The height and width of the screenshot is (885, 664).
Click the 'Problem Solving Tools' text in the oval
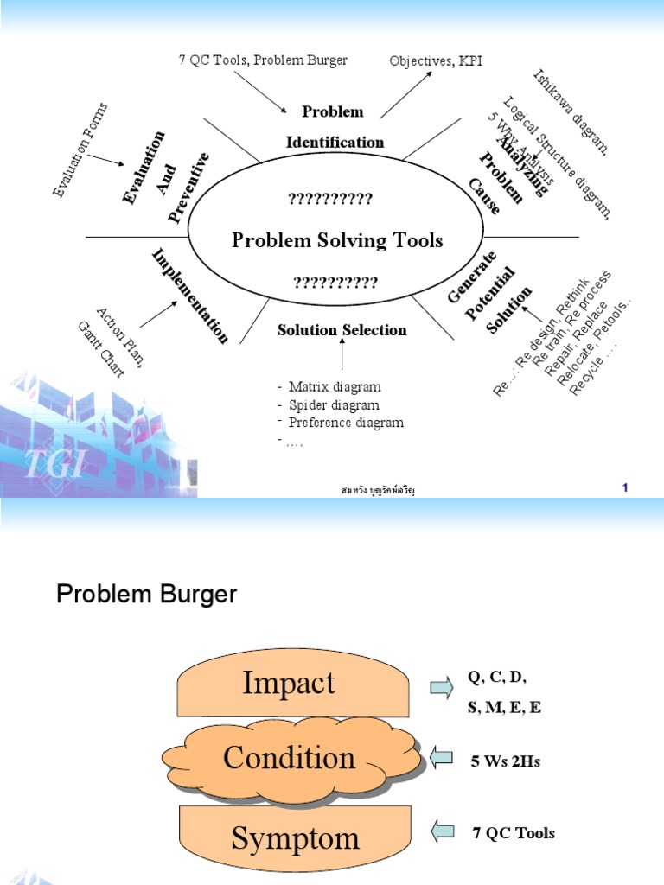(x=337, y=240)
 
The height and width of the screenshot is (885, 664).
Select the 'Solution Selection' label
(x=342, y=330)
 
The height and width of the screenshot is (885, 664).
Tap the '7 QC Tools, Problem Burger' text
(x=261, y=60)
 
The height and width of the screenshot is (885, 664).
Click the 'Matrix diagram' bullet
(x=334, y=386)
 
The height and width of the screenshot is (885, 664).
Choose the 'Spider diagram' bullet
(x=333, y=404)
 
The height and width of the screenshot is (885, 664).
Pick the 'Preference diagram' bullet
(x=345, y=423)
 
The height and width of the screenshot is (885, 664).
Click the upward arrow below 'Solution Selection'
(x=342, y=355)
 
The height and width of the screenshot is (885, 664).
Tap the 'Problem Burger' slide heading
(x=146, y=595)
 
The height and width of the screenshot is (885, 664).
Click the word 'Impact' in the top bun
(x=289, y=683)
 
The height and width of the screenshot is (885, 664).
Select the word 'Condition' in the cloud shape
(x=289, y=758)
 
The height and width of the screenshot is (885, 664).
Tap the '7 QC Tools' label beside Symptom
(x=514, y=833)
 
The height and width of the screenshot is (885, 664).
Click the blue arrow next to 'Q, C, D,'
(x=441, y=687)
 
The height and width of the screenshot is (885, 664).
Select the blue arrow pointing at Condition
(x=442, y=759)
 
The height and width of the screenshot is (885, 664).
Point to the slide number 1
(x=625, y=488)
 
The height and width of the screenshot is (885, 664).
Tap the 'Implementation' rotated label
(x=191, y=296)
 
